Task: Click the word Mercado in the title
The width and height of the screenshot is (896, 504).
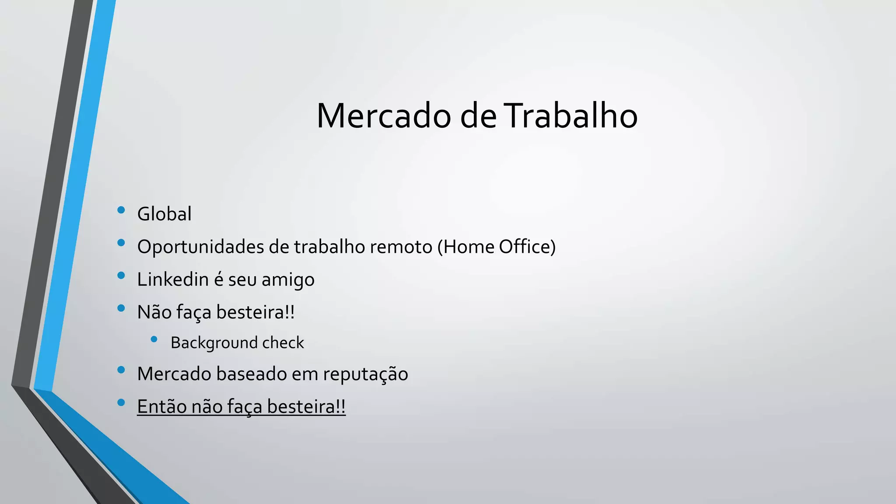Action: (x=384, y=116)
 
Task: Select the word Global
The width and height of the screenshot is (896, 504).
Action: (x=164, y=214)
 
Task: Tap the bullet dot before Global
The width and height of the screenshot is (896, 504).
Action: (x=121, y=210)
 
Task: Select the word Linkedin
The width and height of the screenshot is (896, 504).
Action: (x=173, y=280)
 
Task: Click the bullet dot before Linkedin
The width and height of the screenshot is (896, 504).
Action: (x=121, y=276)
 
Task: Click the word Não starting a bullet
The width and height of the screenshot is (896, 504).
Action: (x=154, y=312)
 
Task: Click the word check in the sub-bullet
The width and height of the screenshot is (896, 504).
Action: (x=283, y=343)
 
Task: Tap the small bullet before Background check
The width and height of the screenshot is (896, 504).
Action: (x=154, y=339)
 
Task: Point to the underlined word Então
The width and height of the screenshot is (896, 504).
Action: (x=161, y=406)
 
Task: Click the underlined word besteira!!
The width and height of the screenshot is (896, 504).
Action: (x=306, y=406)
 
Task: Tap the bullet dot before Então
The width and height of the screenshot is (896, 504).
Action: (x=121, y=402)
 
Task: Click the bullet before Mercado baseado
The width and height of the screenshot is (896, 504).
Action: (x=121, y=370)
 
